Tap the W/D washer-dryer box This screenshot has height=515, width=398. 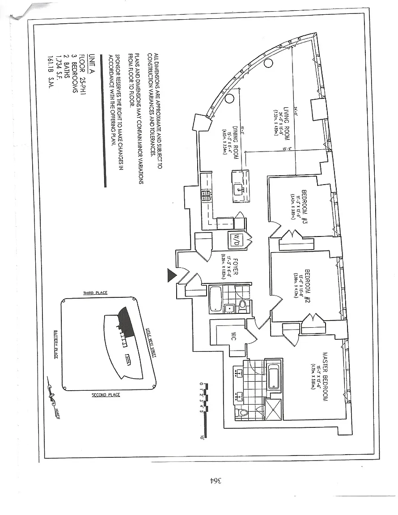pyautogui.click(x=235, y=241)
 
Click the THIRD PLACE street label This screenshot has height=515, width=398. pyautogui.click(x=95, y=293)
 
